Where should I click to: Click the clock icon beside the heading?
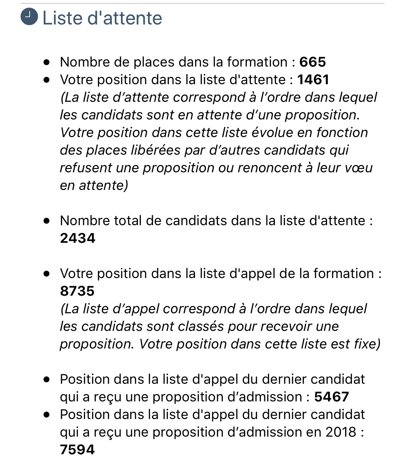tap(29, 17)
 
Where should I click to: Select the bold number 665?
tap(313, 62)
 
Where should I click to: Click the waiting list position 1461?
tap(313, 80)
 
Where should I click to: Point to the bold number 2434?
tap(78, 238)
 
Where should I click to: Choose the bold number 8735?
tap(77, 291)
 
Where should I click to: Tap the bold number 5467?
tap(332, 397)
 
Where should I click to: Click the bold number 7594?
tap(77, 450)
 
